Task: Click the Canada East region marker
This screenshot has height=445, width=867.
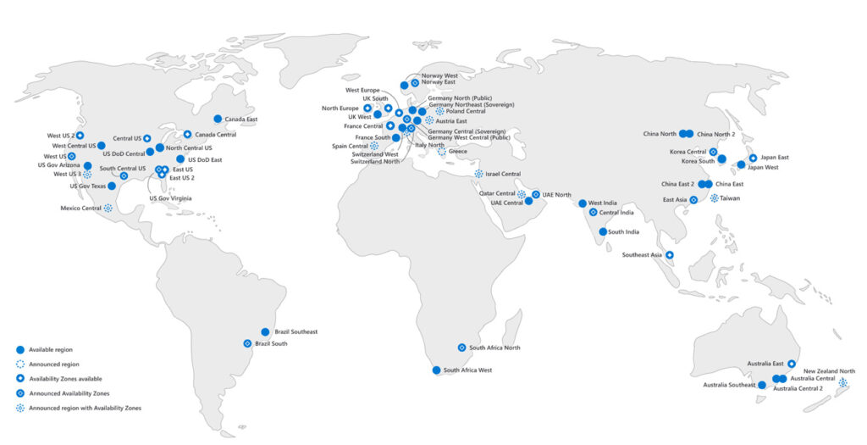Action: pyautogui.click(x=218, y=119)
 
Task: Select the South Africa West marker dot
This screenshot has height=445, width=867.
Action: pyautogui.click(x=436, y=370)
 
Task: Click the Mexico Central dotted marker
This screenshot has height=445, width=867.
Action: pyautogui.click(x=108, y=208)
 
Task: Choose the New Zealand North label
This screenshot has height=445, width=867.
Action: pyautogui.click(x=829, y=371)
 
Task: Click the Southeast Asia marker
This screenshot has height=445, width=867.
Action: pyautogui.click(x=669, y=254)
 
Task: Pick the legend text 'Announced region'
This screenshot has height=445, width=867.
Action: pyautogui.click(x=54, y=364)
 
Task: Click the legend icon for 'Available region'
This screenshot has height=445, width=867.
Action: pyautogui.click(x=19, y=350)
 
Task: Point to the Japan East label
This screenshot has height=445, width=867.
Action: pyautogui.click(x=775, y=157)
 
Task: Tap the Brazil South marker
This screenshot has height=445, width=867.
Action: pyautogui.click(x=247, y=343)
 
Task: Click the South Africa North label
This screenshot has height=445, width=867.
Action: pyautogui.click(x=494, y=348)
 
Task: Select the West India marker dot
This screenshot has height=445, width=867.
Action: pyautogui.click(x=582, y=203)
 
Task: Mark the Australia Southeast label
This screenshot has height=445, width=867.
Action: pyautogui.click(x=728, y=386)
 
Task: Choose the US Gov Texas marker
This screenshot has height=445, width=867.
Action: pyautogui.click(x=112, y=186)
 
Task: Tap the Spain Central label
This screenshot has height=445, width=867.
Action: pyautogui.click(x=350, y=146)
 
